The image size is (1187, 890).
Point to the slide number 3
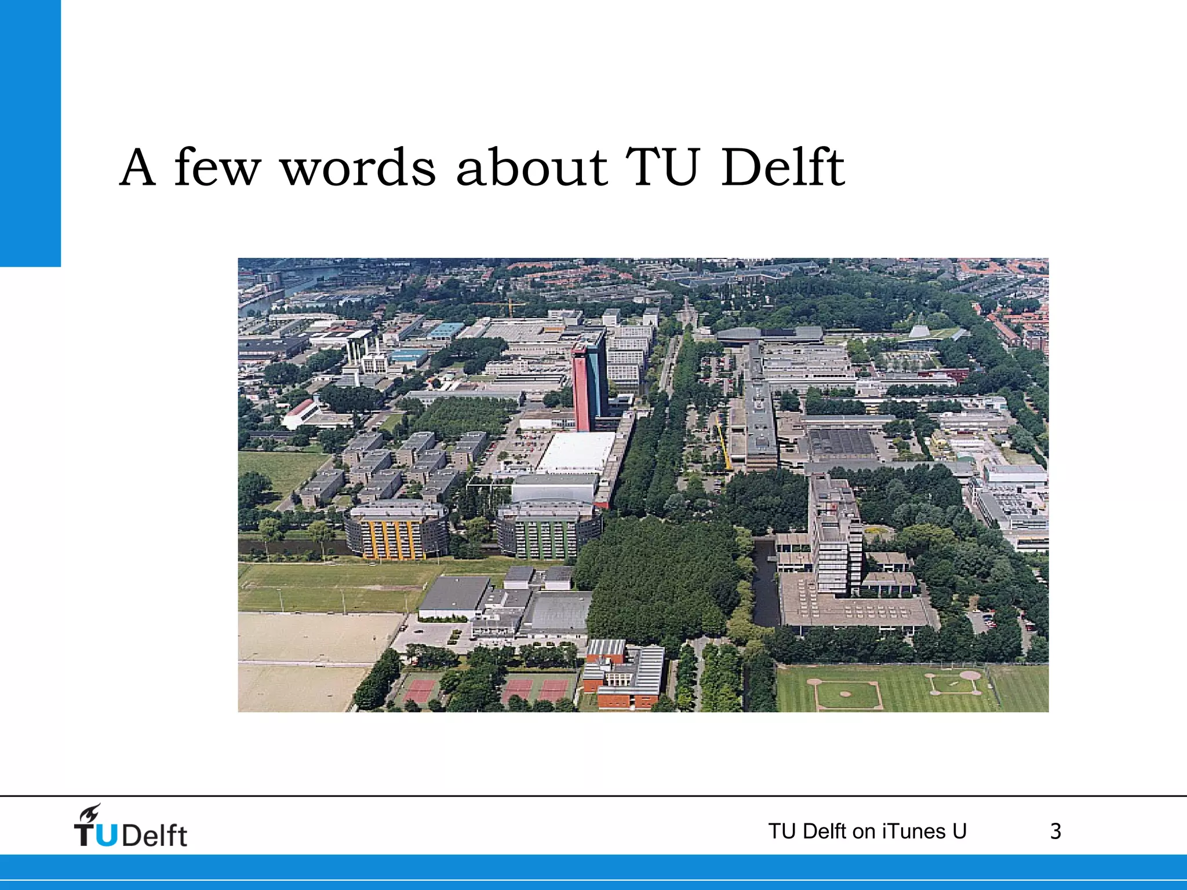coord(1055,831)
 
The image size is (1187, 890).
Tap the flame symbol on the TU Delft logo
coord(90,813)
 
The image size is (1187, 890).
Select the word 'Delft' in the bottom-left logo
coord(155,836)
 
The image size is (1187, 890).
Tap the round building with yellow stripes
coord(396,530)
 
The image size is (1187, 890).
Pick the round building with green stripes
coord(548,530)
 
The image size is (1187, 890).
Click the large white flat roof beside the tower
coord(577,452)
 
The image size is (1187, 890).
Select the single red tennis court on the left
coord(420,690)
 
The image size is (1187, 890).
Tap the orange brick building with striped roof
coord(624,675)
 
